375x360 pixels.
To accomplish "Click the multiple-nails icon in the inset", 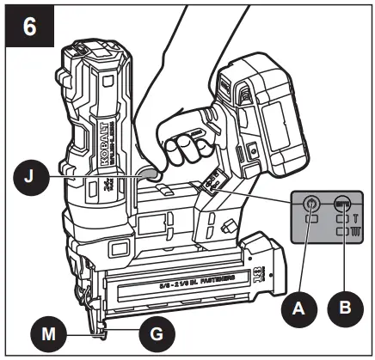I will click(354, 232).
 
